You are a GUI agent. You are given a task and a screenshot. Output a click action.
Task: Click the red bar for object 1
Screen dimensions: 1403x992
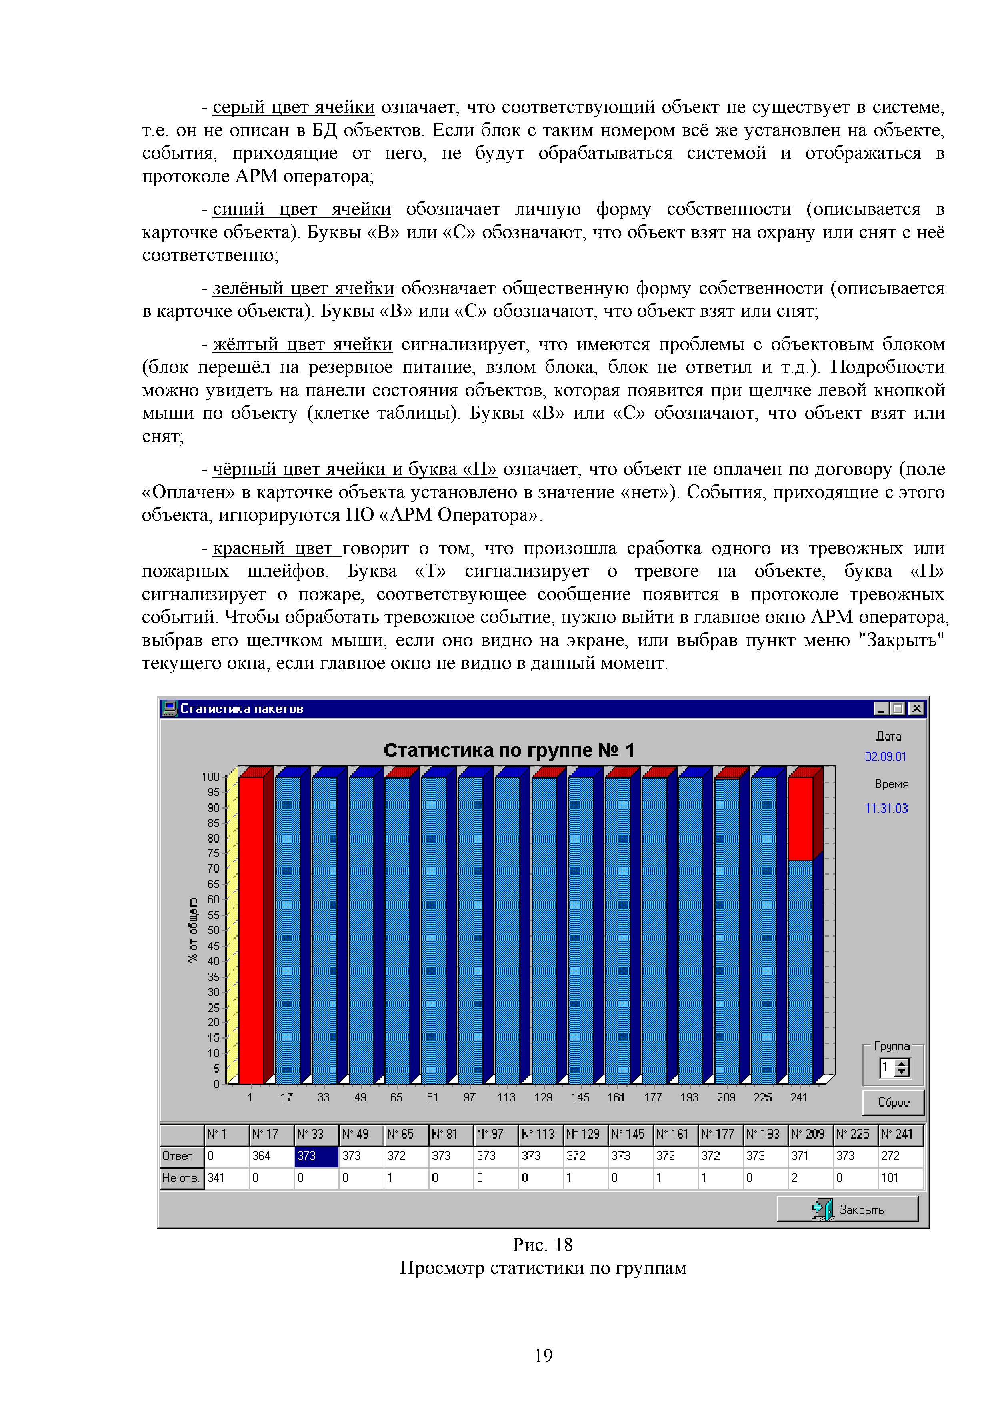pyautogui.click(x=250, y=930)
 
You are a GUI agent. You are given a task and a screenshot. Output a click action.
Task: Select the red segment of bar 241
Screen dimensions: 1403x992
pyautogui.click(x=800, y=819)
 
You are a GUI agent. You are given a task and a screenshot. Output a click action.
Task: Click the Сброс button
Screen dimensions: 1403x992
pyautogui.click(x=893, y=1102)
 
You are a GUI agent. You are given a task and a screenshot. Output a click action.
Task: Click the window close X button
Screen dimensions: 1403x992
pyautogui.click(x=916, y=708)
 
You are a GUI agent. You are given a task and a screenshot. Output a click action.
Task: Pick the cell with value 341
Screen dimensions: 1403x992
pyautogui.click(x=226, y=1177)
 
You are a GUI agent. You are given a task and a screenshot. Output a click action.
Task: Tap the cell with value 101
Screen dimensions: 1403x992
pyautogui.click(x=900, y=1177)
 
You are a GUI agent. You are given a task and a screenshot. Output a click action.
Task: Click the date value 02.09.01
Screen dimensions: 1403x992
pyautogui.click(x=885, y=757)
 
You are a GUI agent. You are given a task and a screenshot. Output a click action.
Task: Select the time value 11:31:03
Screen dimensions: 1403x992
pyautogui.click(x=886, y=808)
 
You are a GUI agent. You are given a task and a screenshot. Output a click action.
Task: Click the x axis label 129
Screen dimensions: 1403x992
pyautogui.click(x=543, y=1097)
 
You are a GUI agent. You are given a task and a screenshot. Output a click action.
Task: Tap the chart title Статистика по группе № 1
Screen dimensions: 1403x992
pyautogui.click(x=508, y=750)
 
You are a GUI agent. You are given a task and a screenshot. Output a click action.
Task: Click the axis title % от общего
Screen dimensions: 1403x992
pyautogui.click(x=193, y=930)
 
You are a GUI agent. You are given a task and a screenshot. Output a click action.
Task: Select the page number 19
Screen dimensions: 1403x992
pyautogui.click(x=543, y=1355)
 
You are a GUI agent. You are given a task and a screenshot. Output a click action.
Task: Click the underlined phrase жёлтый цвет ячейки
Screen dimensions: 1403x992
pyautogui.click(x=302, y=344)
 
